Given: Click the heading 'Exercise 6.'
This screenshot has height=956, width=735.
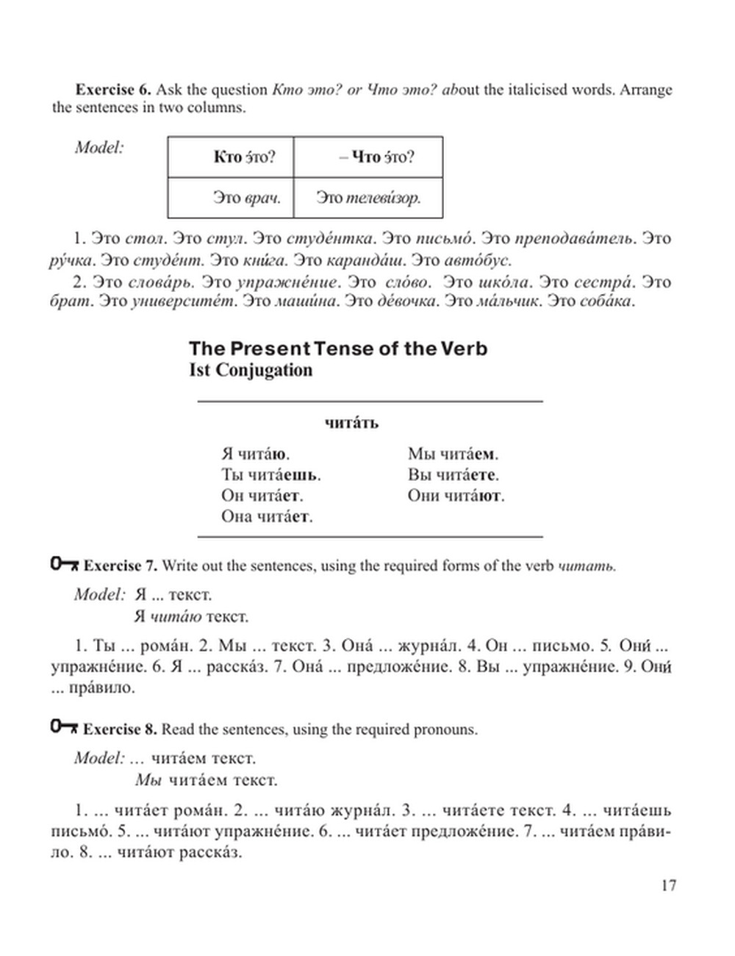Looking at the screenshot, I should tap(113, 90).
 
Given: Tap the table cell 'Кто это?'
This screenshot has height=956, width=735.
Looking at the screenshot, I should tap(230, 157).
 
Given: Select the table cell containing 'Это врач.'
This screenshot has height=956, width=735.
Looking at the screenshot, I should tap(230, 198).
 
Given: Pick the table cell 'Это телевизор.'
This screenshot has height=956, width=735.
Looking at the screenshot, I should tap(368, 198).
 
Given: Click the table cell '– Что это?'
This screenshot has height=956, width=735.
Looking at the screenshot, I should tap(368, 157).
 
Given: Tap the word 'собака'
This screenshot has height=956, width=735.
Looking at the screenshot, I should tap(606, 302).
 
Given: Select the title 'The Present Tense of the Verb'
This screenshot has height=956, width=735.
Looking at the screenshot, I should tap(338, 348).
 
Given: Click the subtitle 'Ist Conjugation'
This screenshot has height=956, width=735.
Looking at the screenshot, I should tap(251, 369).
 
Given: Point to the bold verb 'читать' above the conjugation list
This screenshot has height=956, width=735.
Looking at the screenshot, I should tap(351, 423).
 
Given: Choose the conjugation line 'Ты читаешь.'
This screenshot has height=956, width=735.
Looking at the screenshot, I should tap(271, 475).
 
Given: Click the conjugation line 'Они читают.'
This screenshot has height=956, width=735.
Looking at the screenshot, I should tap(456, 496).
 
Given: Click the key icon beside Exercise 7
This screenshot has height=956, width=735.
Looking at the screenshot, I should tap(64, 565).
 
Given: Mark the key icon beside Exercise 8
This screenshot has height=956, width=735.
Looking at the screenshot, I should tap(64, 728).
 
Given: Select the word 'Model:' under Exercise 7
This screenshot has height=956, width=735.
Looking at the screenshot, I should tap(100, 594).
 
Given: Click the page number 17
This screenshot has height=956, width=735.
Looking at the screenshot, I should tap(668, 885).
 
